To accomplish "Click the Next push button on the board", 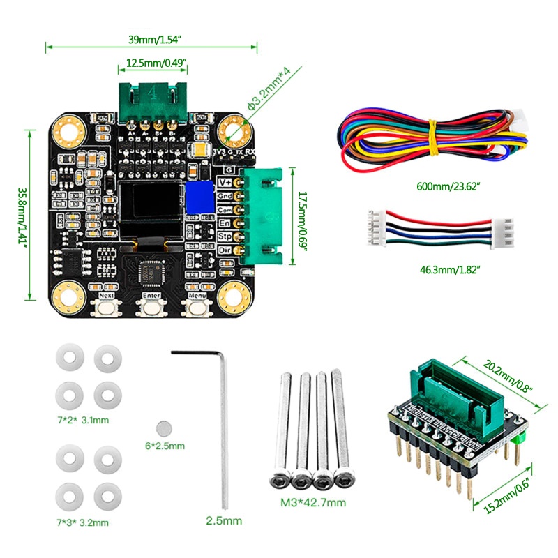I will coord(107,308).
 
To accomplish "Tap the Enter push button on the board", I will coord(151,308).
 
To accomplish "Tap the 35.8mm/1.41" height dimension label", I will coord(21,215).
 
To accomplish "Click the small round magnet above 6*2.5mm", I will coord(165,427).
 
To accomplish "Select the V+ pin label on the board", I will coord(225,182).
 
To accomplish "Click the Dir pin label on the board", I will coord(225,249).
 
